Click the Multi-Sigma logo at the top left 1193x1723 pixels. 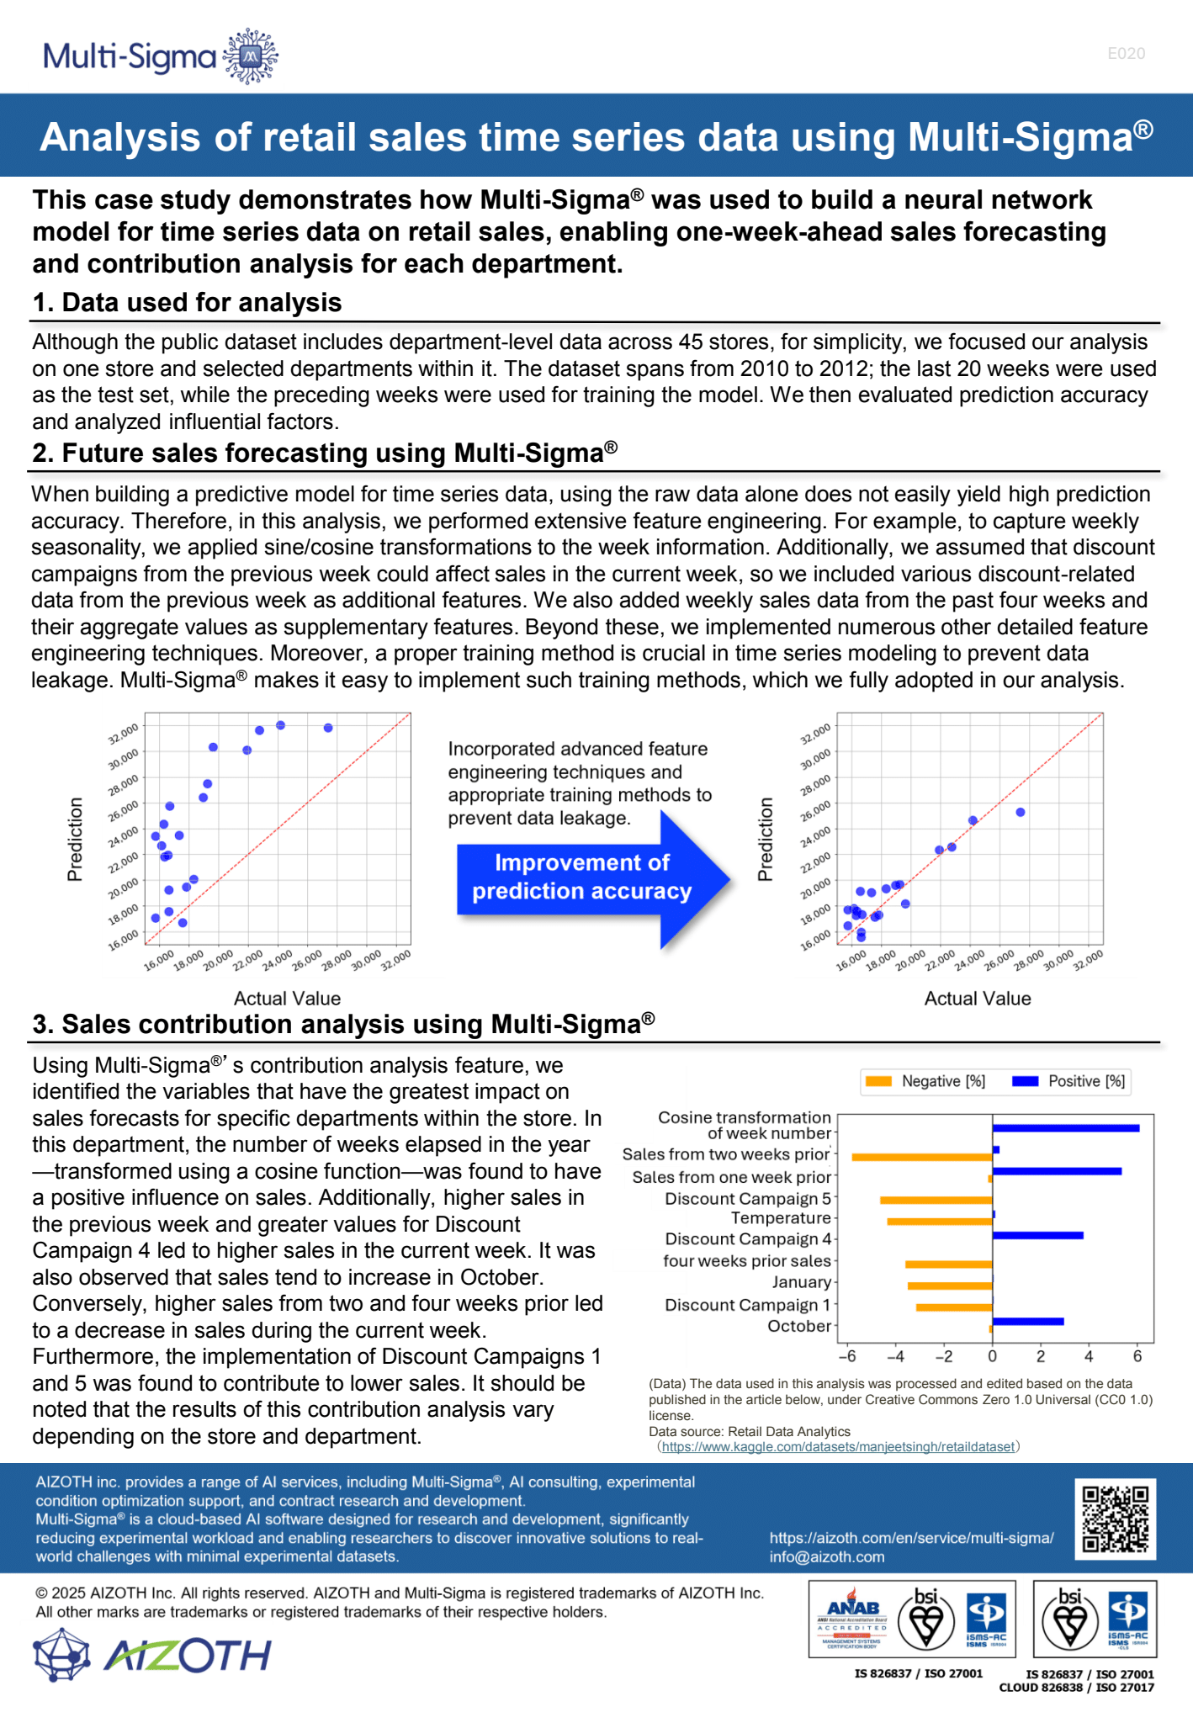pos(161,56)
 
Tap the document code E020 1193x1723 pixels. pos(1126,54)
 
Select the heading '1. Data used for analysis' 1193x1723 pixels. pos(187,303)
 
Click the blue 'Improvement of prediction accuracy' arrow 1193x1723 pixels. pos(589,877)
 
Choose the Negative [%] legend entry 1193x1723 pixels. pos(925,1081)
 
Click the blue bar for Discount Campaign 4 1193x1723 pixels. pos(1037,1235)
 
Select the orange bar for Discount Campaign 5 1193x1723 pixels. pos(936,1200)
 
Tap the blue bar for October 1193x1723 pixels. pos(1027,1322)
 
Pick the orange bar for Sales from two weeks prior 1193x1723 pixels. pos(921,1158)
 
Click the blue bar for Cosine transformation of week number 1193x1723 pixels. pos(1065,1128)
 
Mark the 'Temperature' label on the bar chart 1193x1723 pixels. pos(780,1218)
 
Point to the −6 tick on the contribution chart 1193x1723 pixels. pos(847,1356)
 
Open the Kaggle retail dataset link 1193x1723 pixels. pos(838,1447)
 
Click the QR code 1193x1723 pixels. pos(1115,1519)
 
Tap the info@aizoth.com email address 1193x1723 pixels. pos(826,1557)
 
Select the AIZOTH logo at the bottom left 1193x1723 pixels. pos(152,1655)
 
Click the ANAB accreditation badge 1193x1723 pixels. pos(851,1619)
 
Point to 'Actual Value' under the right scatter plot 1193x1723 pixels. pos(977,999)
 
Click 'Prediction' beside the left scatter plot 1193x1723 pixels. pos(76,839)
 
